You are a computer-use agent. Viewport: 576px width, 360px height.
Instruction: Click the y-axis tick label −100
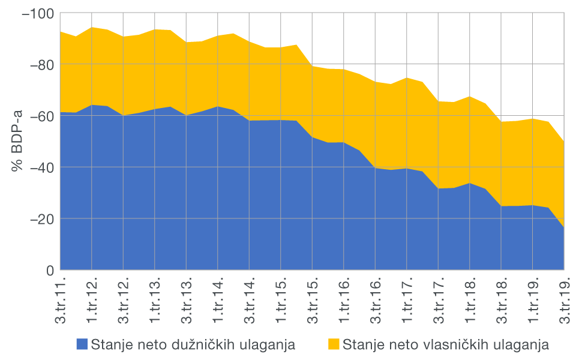coord(37,13)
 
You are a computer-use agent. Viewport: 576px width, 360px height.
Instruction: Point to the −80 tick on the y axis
coord(40,64)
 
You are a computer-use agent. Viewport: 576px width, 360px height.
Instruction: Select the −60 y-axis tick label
coord(40,116)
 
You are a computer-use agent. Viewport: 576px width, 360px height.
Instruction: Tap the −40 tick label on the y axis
coord(40,167)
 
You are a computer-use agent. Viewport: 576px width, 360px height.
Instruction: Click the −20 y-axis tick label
coord(40,219)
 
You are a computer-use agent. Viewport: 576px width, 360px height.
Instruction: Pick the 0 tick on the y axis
coord(50,270)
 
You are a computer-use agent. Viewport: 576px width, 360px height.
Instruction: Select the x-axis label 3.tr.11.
coord(61,300)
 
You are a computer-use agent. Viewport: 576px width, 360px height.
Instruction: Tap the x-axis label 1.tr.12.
coord(92,300)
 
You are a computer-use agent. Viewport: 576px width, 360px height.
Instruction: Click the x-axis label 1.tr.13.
coord(155,300)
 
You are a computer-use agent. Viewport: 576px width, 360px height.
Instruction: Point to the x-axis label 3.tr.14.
coord(250,300)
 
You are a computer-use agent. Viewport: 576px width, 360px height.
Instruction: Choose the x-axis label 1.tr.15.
coord(281,300)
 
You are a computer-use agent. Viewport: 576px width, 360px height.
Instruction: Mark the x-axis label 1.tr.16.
coord(344,300)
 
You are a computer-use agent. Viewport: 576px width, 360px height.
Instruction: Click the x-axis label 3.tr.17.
coord(439,300)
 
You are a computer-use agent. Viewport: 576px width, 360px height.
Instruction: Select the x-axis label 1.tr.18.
coord(470,300)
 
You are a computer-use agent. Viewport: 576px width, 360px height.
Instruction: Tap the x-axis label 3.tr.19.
coord(565,300)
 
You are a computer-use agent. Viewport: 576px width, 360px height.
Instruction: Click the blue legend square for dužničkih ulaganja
coord(82,344)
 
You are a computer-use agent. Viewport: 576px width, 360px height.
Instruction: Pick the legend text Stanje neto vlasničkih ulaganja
coord(446,344)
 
